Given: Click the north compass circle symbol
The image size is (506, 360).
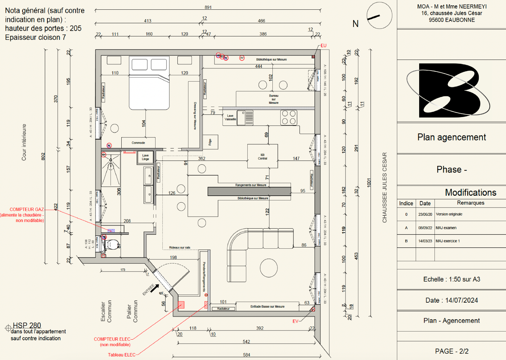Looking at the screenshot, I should tap(379, 16).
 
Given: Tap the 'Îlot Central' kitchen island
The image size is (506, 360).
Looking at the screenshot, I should tap(262, 156).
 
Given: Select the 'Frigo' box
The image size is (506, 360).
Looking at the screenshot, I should tap(210, 142).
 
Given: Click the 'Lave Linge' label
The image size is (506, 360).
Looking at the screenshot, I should tap(145, 157).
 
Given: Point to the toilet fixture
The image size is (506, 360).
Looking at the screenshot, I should tap(112, 244).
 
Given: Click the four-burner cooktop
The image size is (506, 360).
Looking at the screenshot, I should tap(288, 118).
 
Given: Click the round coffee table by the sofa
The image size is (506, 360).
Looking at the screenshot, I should tap(269, 268).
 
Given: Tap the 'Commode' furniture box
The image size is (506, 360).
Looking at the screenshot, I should tap(138, 143).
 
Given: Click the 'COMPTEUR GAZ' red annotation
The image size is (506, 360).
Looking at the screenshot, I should tap(27, 209).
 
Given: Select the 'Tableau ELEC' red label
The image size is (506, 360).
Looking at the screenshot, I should tap(122, 355).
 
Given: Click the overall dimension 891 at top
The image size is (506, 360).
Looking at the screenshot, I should tap(208, 7).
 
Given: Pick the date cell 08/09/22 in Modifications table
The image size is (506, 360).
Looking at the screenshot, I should tap(425, 228).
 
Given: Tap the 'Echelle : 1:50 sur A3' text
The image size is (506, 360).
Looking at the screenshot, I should tap(451, 279).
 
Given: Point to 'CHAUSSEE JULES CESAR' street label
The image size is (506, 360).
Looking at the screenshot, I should tap(385, 188).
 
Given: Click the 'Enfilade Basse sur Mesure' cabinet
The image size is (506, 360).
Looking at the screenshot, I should tap(267, 306).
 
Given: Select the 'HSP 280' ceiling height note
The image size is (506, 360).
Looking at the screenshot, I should tap(27, 326).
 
